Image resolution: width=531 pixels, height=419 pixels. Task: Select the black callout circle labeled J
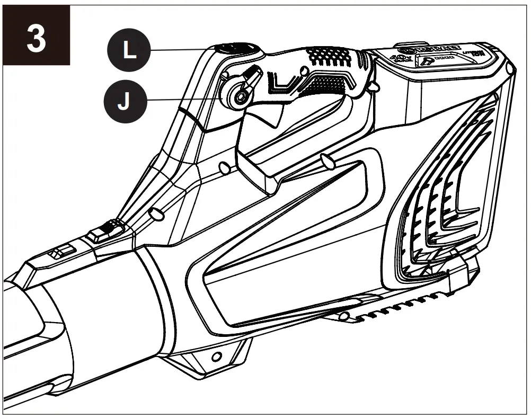point(122,101)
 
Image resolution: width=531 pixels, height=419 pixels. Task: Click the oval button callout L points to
point(237,49)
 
